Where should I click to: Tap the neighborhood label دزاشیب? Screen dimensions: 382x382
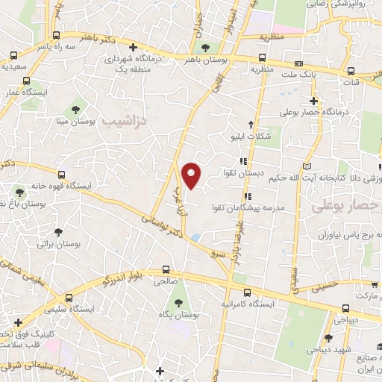click(125, 119)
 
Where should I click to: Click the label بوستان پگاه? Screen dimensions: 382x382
click(178, 316)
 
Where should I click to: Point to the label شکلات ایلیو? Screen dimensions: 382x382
click(249, 136)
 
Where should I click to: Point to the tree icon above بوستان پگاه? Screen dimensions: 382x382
click(178, 302)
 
